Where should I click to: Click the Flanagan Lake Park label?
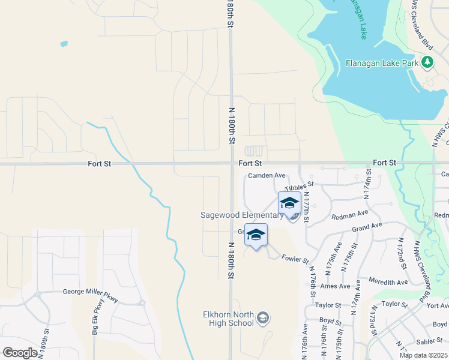coord(382,62)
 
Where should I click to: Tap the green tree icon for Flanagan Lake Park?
coord(427,62)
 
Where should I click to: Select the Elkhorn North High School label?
coord(229,318)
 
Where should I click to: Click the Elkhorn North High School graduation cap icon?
coord(263,317)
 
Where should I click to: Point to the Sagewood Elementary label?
coord(241,215)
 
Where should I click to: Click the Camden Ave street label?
coord(267,175)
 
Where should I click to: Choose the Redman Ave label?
coord(354,213)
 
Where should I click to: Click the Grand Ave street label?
coord(367,227)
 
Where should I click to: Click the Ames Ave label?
coord(335,286)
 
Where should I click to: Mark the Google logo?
coord(20,352)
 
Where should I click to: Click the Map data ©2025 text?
coord(423,355)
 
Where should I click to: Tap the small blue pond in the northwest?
coord(64,43)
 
